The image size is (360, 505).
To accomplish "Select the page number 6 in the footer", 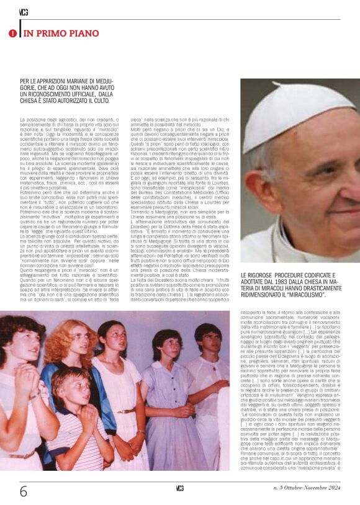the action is (24, 491).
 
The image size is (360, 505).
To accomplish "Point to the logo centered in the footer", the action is (180, 488).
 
